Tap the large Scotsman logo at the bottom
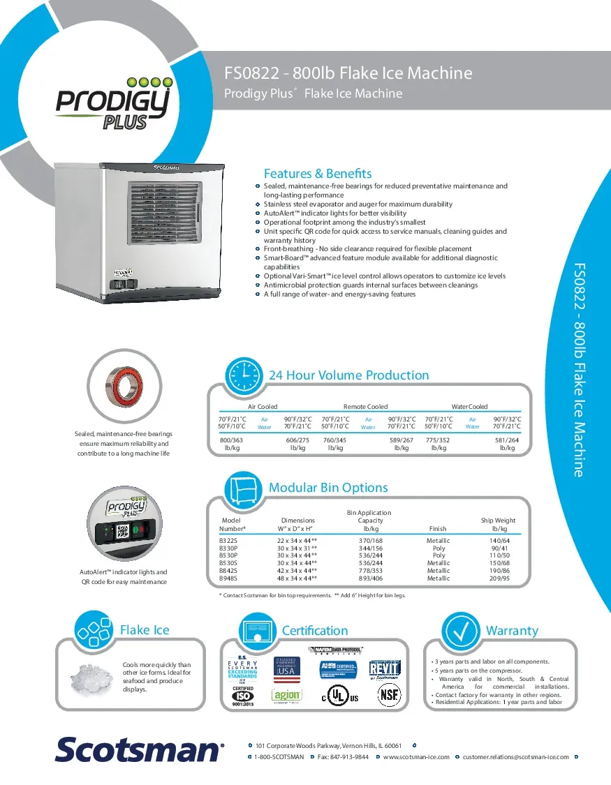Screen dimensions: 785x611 [x=140, y=749]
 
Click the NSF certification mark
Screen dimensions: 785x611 [x=389, y=696]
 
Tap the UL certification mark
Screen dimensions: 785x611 [x=340, y=697]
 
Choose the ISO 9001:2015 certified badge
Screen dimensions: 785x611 [x=243, y=696]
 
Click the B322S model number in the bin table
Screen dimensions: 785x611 [x=228, y=541]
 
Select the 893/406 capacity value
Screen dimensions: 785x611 [x=370, y=578]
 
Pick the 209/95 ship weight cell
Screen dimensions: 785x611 [x=499, y=578]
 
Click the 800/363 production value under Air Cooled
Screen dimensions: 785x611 [x=232, y=440]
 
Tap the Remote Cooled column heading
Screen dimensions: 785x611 [x=365, y=406]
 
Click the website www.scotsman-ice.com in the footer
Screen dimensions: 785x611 [x=416, y=757]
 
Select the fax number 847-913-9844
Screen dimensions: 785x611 [x=343, y=757]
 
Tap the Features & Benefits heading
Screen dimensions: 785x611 [x=317, y=174]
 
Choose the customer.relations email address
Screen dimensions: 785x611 [x=515, y=757]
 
